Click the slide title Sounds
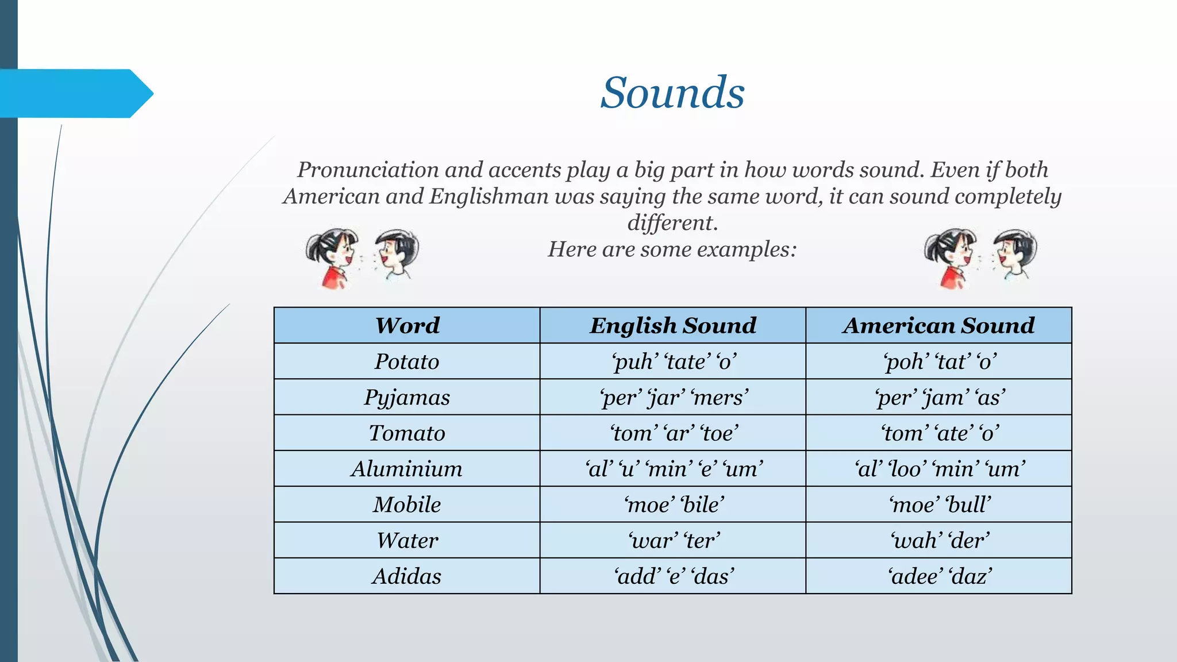pyautogui.click(x=672, y=93)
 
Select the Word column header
pyautogui.click(x=407, y=326)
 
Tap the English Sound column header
pyautogui.click(x=673, y=326)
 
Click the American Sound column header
pyautogui.click(x=938, y=326)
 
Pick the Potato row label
pyautogui.click(x=407, y=361)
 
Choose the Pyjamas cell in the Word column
pyautogui.click(x=407, y=398)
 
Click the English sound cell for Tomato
pyautogui.click(x=674, y=433)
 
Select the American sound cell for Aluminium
pyautogui.click(x=939, y=469)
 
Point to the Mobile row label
pyautogui.click(x=407, y=505)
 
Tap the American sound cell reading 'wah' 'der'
pyautogui.click(x=939, y=540)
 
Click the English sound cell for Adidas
pyautogui.click(x=674, y=576)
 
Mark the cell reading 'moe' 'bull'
pyautogui.click(x=939, y=505)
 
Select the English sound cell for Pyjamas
pyautogui.click(x=674, y=398)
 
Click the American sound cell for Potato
pyautogui.click(x=939, y=361)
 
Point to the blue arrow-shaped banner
pyautogui.click(x=75, y=93)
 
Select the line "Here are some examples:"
pyautogui.click(x=672, y=249)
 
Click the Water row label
pyautogui.click(x=407, y=540)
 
